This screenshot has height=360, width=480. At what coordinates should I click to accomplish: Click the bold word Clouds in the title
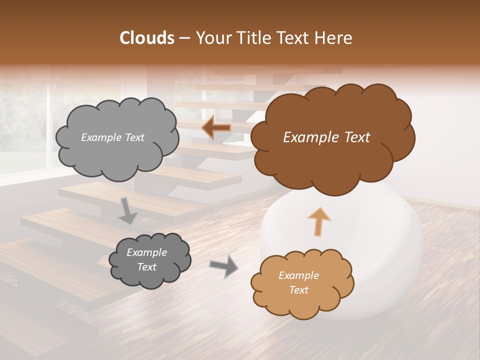147,38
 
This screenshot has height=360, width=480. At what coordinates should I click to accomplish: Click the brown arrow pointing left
216,128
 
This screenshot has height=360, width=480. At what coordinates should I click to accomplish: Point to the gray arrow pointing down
128,210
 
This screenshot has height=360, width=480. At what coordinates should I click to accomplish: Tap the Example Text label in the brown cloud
326,137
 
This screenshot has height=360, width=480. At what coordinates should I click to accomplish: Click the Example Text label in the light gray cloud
112,137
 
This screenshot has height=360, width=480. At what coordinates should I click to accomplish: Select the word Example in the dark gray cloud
146,252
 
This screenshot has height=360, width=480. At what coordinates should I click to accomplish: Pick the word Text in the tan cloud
298,290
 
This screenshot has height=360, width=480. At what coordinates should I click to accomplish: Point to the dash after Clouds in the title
184,38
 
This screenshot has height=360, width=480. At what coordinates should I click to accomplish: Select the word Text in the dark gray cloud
146,267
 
